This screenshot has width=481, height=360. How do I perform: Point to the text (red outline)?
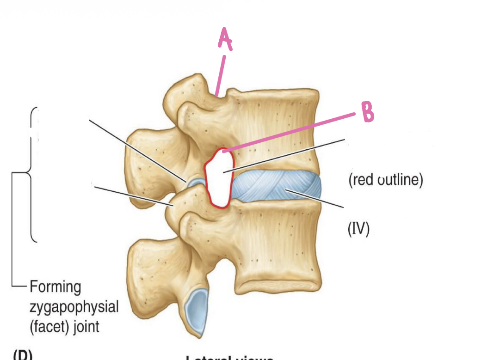[x=385, y=180]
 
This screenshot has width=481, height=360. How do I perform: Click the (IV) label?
[x=358, y=229]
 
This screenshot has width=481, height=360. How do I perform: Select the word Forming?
[x=55, y=287]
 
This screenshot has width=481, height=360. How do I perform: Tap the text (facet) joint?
[x=64, y=327]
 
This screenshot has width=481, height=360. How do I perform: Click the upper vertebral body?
[x=277, y=129]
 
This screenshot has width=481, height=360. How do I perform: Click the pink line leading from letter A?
[x=220, y=74]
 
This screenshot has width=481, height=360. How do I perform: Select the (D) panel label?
[x=22, y=355]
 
